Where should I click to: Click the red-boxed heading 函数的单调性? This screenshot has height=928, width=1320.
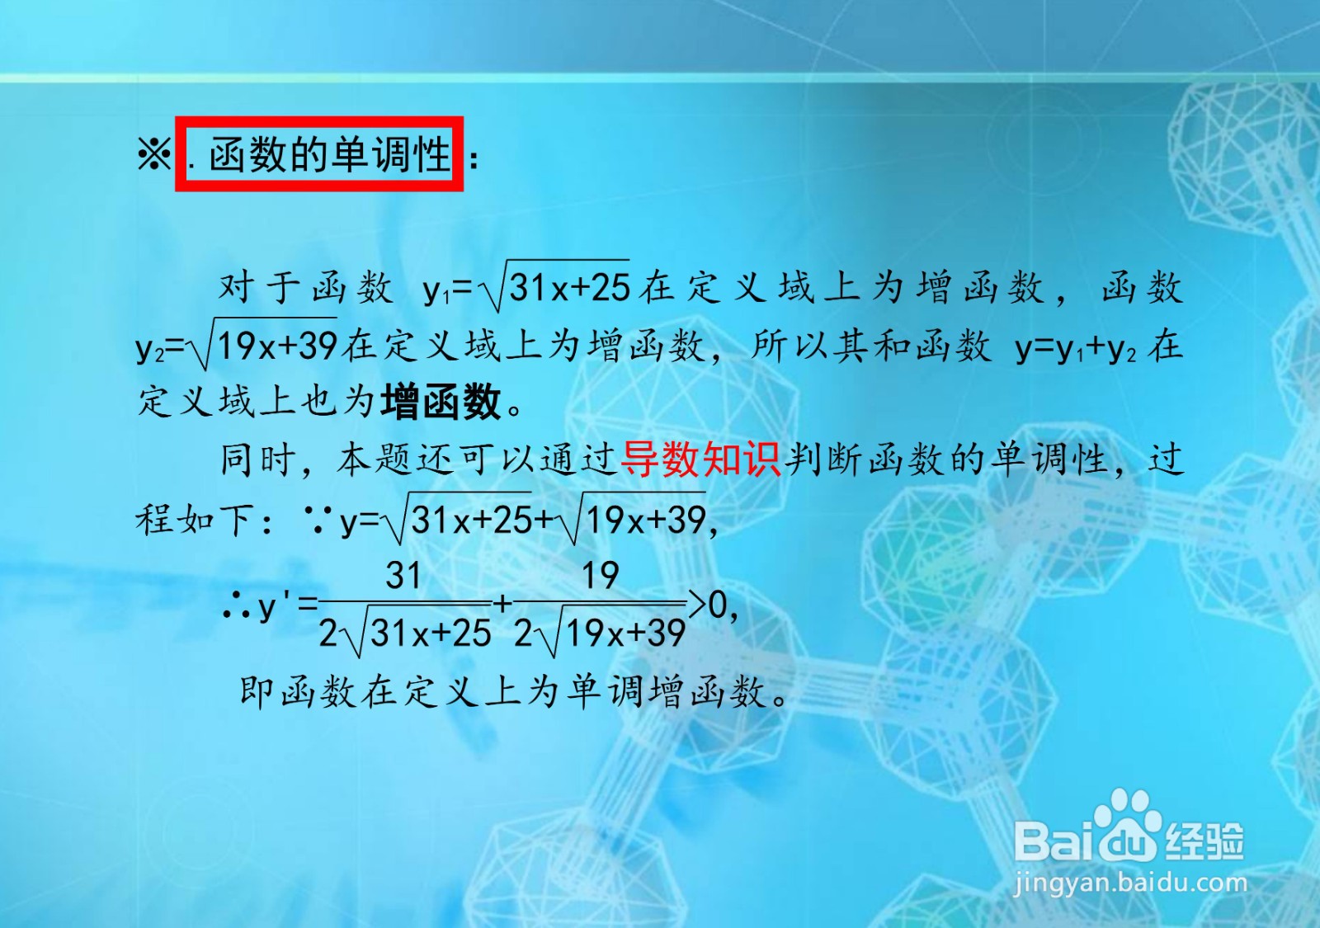pos(330,154)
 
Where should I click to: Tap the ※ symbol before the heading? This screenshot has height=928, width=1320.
pos(153,154)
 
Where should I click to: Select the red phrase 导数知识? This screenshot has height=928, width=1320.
pos(700,460)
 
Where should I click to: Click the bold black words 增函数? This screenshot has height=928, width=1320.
pos(441,403)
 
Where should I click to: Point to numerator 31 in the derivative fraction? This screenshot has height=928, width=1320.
pos(403,575)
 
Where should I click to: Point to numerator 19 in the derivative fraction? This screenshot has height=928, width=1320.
pos(601,575)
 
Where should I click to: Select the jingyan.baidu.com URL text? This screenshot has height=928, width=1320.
pos(1129,883)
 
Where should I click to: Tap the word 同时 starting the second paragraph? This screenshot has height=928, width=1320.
pos(257,460)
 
